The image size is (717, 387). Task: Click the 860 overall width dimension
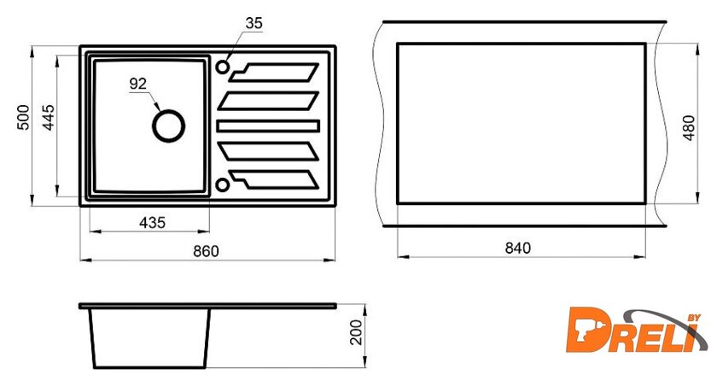(206, 251)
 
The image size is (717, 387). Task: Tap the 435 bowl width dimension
(152, 223)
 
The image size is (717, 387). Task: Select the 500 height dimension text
(23, 118)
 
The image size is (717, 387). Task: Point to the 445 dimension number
(48, 118)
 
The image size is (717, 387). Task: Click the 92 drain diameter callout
(138, 84)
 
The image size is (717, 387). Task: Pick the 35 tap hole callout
(254, 23)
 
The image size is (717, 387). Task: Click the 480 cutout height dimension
(689, 128)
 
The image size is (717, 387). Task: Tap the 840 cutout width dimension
(518, 248)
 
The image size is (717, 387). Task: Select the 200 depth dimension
(356, 332)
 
